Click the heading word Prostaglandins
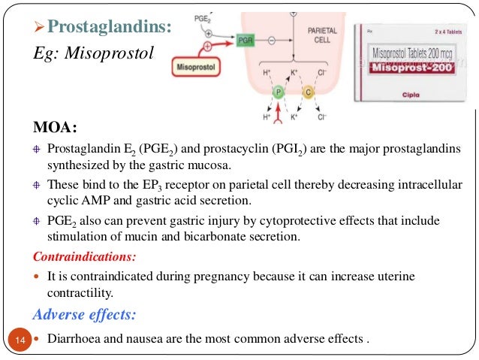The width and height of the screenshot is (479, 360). (x=113, y=27)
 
